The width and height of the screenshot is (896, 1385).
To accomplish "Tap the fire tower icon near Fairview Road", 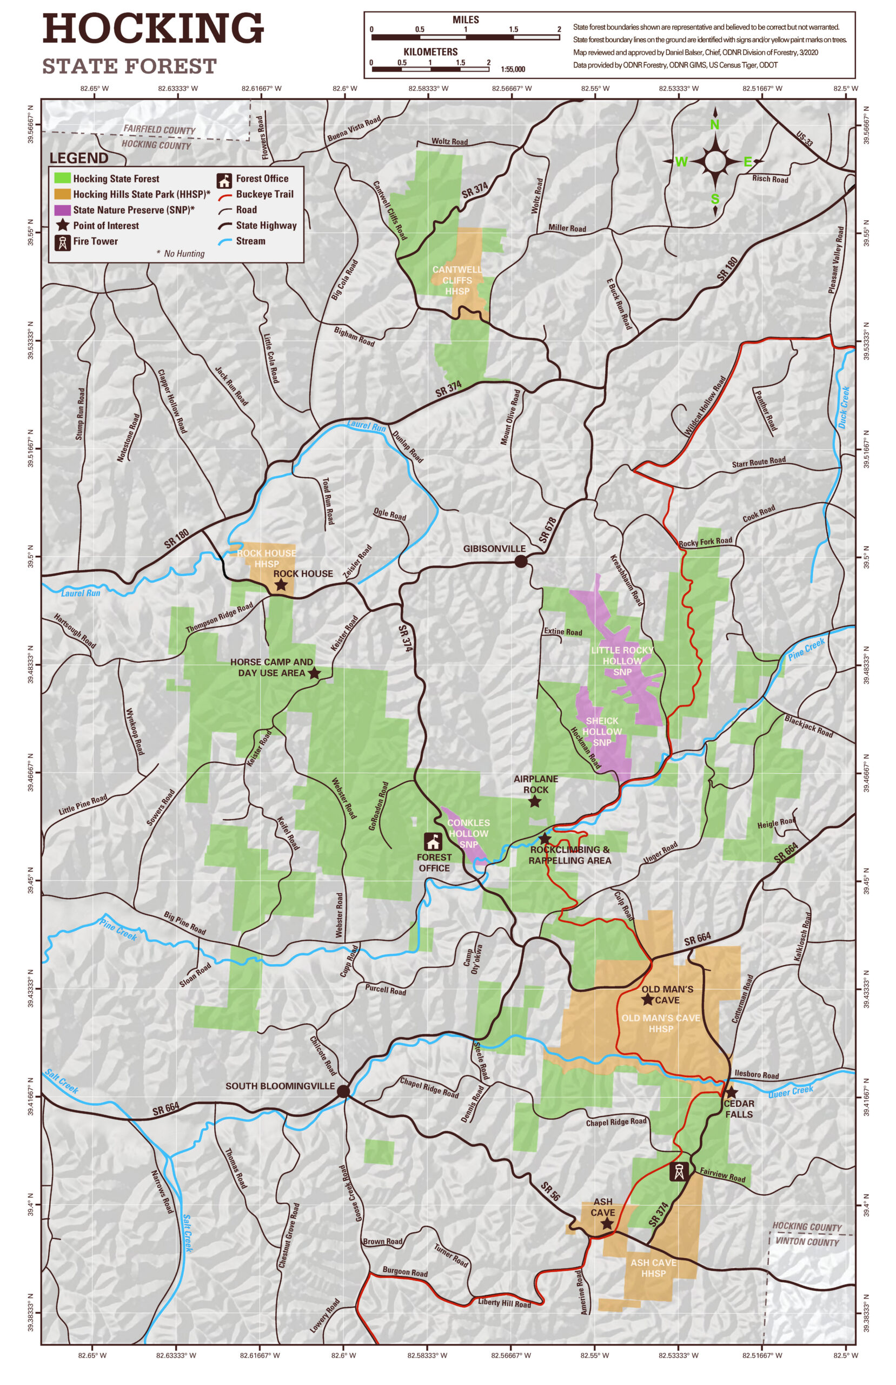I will coord(679,1171).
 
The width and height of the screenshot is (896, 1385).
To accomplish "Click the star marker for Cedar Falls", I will coord(731,1092).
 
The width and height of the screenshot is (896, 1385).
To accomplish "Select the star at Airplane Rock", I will coord(535,802).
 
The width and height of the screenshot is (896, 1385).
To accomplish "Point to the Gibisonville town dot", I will coord(521,561).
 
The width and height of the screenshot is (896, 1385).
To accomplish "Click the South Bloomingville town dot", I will coord(343,1091).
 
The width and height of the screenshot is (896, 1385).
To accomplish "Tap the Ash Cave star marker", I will coord(606,1224).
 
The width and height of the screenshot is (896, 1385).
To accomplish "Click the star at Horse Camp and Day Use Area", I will coord(314,674).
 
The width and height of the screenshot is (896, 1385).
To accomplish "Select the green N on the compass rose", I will coord(714,124).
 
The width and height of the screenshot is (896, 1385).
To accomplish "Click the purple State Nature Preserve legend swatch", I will coord(62,209).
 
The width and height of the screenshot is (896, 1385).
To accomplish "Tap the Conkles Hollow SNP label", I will coord(468,833).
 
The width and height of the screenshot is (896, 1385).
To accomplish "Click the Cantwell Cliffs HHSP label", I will coord(457,280).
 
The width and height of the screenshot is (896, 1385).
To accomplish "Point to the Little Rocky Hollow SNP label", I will coord(622,661).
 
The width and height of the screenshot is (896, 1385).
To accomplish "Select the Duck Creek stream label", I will coord(844,407).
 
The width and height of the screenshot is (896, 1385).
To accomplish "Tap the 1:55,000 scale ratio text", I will coord(513,69).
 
